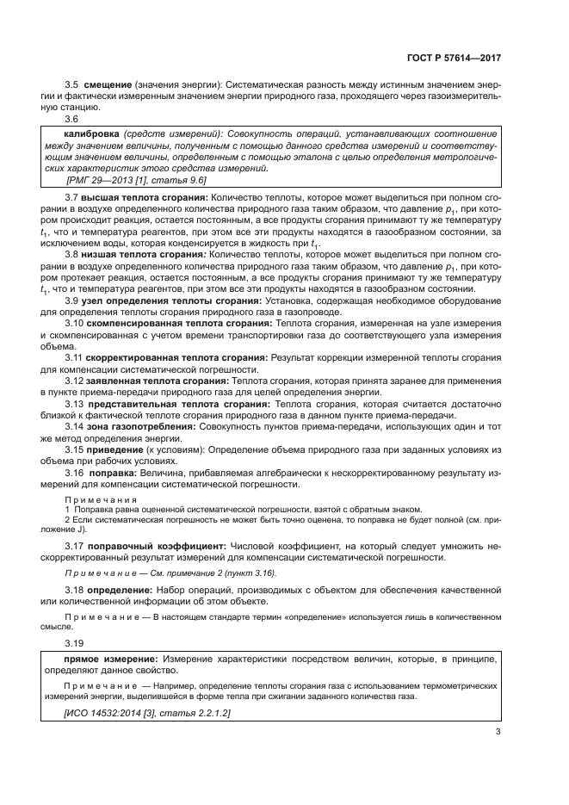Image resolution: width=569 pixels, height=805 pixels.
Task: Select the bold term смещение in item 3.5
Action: click(106, 84)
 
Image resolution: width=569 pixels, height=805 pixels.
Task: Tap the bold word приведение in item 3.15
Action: click(113, 449)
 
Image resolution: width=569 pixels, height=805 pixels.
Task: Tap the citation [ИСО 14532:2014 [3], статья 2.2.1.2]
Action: click(147, 715)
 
